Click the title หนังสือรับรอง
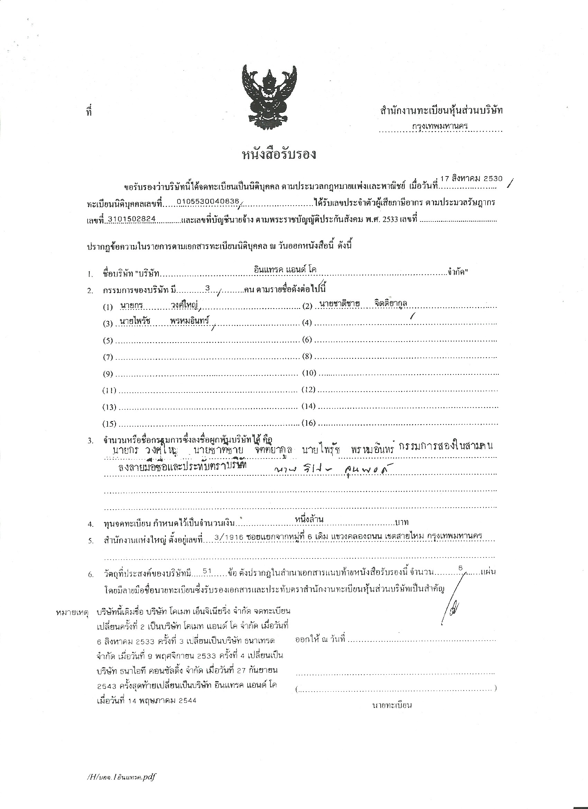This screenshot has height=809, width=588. coord(279,155)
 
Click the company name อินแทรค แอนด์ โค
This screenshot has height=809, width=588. coord(285,270)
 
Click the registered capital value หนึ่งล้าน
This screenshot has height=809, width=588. coord(309,519)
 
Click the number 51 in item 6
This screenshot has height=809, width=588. coord(208,571)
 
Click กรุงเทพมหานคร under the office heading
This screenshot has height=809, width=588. coord(440,126)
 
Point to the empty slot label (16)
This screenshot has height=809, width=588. coord(309,424)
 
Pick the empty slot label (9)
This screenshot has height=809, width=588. coord(108,374)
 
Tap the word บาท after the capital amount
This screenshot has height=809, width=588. coord(402,522)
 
